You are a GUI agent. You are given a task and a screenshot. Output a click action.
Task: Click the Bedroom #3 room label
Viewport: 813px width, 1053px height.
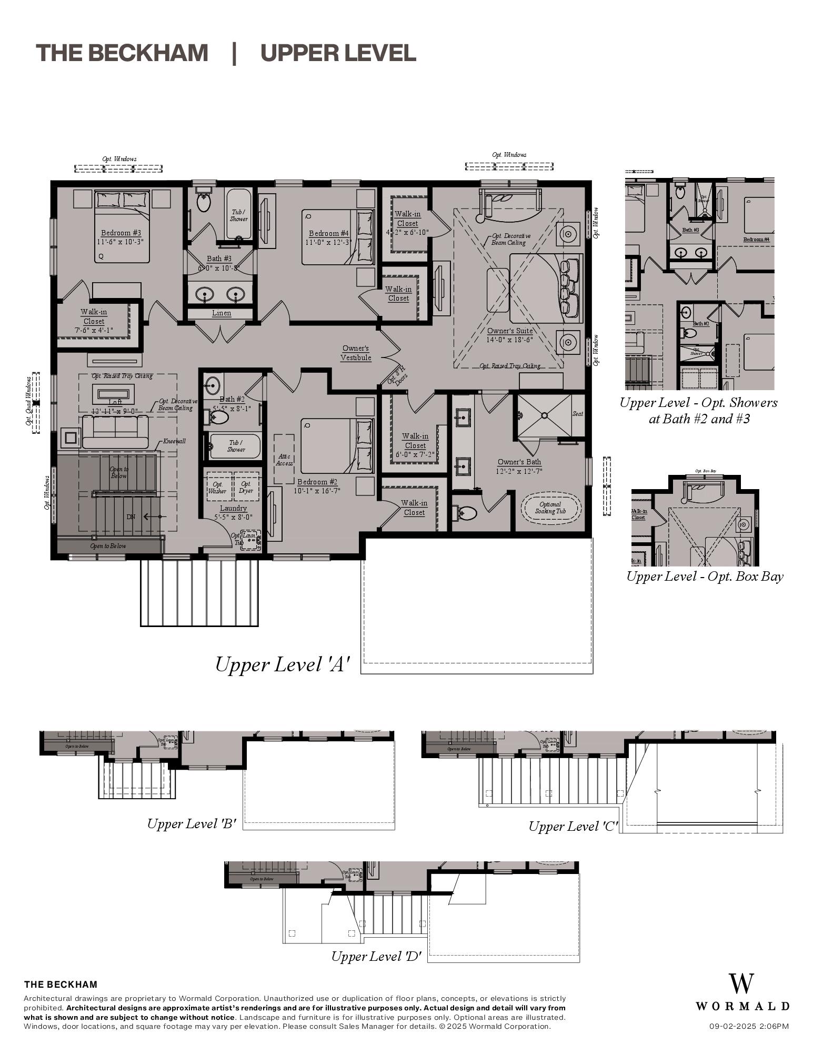121,233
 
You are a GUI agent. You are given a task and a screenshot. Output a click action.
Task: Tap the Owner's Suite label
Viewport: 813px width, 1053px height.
509,331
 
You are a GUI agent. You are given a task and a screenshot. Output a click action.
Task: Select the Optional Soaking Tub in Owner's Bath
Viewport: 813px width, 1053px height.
550,508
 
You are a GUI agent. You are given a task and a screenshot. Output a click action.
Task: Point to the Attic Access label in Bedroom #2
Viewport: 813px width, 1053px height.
284,460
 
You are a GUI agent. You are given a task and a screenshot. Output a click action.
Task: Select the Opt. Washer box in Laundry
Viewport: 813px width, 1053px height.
217,487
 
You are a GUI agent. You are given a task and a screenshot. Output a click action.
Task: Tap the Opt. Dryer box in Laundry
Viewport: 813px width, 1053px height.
246,487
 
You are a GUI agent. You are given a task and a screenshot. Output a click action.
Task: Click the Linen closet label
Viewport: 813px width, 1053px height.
222,313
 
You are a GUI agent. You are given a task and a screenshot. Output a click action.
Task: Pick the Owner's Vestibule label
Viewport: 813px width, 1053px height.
356,353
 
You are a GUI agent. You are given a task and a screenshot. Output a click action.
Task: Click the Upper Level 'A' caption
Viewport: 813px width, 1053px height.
282,664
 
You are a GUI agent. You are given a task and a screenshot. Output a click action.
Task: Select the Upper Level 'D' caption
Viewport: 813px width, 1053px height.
376,956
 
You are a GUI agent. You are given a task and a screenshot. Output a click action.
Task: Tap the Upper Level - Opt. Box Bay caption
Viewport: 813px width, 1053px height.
704,576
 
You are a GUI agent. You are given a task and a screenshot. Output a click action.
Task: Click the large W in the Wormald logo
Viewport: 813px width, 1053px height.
741,984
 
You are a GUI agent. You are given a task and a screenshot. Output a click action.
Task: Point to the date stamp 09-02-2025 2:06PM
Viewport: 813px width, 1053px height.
748,1026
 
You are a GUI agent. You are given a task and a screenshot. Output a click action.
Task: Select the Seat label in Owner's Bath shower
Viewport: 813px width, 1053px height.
577,413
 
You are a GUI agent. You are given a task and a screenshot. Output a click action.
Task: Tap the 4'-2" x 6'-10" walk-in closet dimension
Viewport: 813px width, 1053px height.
407,232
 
